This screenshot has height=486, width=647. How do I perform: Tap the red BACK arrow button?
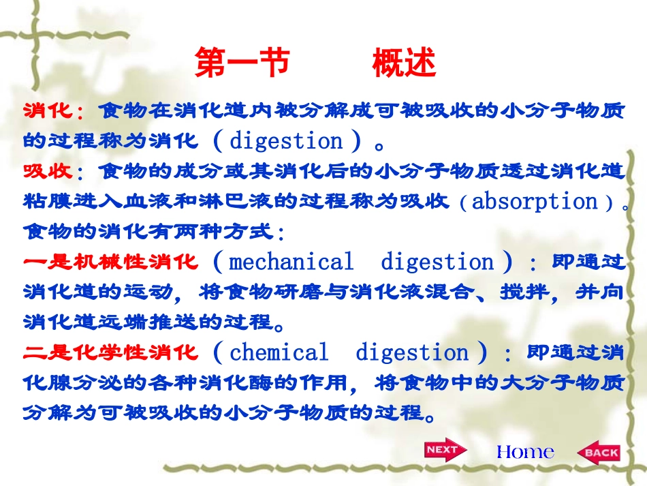coord(599,451)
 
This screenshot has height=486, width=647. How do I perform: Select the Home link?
coord(525,451)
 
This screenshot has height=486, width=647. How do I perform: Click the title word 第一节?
coord(242,64)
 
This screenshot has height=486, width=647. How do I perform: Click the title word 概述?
coord(404,64)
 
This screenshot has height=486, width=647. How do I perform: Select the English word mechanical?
coord(291,262)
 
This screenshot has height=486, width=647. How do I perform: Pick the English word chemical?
coord(279,352)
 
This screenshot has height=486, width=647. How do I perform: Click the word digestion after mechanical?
coord(437,262)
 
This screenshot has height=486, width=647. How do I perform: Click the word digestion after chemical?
coord(412,352)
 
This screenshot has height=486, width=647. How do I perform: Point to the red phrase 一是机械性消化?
coord(110,262)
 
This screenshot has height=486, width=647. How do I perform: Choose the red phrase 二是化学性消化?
coord(110,352)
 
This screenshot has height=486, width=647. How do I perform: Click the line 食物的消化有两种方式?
coord(153,232)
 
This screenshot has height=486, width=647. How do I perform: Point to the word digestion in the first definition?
coord(287,141)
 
